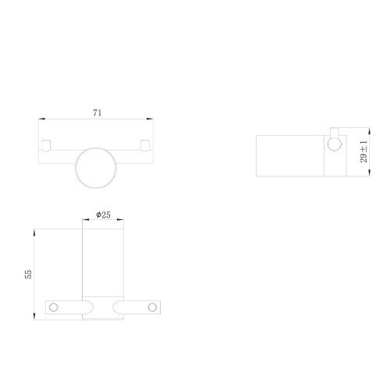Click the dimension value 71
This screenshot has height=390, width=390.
pos(97,112)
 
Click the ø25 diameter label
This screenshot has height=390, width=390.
pos(102,214)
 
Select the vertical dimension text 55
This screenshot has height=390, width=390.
pos(29,274)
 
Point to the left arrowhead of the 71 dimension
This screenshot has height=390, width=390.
pos(42,119)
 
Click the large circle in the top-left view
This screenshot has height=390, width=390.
pos(96,167)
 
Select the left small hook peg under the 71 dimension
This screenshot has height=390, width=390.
pos(48,144)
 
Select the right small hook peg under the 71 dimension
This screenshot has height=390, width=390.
pos(145,144)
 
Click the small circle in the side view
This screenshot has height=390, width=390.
pos(334,143)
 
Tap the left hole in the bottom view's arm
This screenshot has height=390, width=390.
pos(54,306)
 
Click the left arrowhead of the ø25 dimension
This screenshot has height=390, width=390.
pos(84,221)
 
